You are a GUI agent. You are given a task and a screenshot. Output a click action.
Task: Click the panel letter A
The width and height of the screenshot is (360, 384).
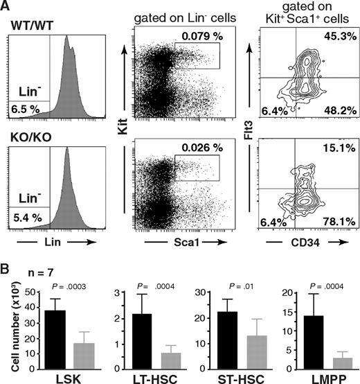(x=8, y=7)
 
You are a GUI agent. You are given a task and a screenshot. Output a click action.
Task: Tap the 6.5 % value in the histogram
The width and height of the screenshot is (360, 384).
(x=24, y=110)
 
